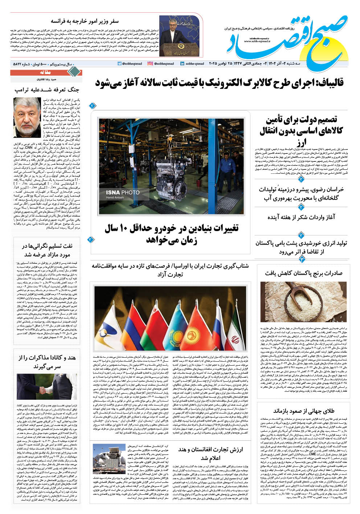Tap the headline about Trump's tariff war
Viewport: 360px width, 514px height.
point(47,89)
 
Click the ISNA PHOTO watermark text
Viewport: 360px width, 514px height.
point(123,192)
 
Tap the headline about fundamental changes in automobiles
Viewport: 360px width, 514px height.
point(172,234)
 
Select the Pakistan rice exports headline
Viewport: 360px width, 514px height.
point(303,273)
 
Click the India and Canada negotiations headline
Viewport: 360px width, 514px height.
point(47,362)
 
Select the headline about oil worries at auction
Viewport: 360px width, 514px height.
point(47,250)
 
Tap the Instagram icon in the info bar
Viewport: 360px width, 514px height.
point(150,63)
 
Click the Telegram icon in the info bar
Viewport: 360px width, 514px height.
point(119,63)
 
